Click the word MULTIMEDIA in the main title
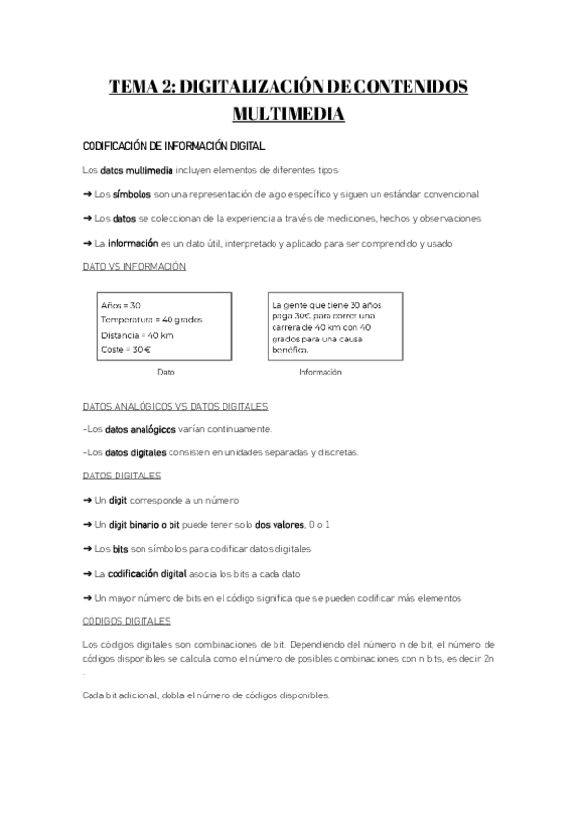tap(288, 115)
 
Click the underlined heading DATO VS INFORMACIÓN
tap(135, 267)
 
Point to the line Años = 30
tap(120, 305)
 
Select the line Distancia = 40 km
tap(137, 335)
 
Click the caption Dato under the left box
tap(166, 372)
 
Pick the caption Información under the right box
tap(320, 372)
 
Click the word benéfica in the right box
tap(292, 349)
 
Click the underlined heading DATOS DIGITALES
tap(122, 476)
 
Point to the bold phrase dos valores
tap(280, 524)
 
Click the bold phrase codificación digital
tap(146, 573)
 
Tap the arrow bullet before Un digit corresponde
tap(88, 501)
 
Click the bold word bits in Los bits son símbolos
tap(120, 549)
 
